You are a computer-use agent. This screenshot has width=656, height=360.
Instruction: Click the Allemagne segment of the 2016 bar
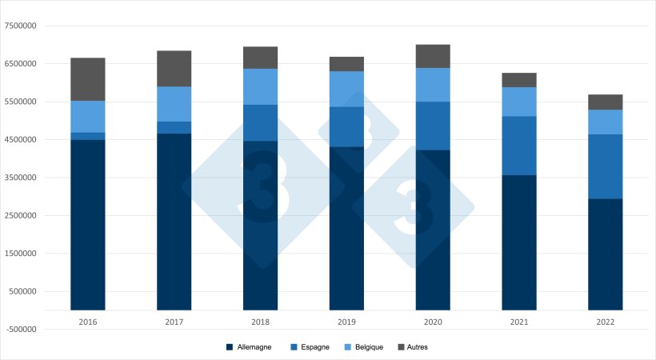click(88, 224)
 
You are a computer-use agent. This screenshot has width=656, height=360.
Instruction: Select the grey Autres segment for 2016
click(88, 79)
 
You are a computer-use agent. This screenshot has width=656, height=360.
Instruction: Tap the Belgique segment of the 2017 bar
click(174, 104)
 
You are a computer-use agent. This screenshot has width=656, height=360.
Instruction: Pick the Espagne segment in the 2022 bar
click(606, 166)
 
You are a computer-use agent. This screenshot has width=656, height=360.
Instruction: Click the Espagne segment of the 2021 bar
click(519, 146)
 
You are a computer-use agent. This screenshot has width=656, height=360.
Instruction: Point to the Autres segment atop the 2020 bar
click(433, 56)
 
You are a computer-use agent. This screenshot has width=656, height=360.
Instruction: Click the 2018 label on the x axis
click(261, 321)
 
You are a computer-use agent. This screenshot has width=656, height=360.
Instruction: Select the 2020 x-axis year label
click(433, 321)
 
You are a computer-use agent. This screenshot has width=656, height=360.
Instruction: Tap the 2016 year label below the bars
click(88, 321)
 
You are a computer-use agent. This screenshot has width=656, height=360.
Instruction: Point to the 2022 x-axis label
click(606, 321)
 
